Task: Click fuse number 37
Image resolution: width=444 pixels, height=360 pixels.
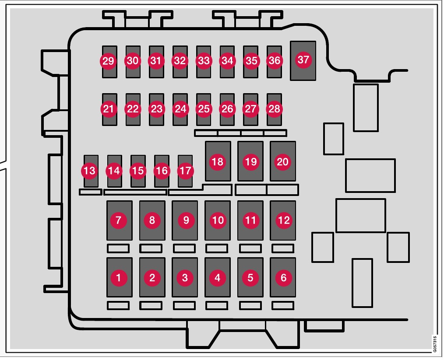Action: (303, 60)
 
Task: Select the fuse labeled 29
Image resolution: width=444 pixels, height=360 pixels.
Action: (108, 61)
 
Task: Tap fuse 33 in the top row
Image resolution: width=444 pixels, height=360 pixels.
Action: (203, 61)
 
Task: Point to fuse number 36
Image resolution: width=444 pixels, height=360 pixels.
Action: (274, 61)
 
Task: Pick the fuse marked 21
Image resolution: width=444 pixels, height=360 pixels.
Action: (108, 108)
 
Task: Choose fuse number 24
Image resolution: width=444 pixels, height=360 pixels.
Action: (180, 108)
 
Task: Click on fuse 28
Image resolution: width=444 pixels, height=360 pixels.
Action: (274, 108)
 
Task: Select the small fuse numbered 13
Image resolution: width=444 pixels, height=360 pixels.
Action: (90, 171)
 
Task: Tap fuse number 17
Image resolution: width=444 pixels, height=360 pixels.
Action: (185, 171)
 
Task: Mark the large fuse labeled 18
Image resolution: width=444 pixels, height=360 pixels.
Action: (218, 161)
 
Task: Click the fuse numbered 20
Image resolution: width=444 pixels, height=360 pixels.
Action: (282, 161)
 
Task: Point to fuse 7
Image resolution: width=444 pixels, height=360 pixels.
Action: (119, 220)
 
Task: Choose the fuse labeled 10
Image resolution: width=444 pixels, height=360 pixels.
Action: (218, 220)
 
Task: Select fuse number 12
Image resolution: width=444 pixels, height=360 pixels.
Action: (283, 220)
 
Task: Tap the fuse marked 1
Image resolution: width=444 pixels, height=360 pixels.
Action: (119, 277)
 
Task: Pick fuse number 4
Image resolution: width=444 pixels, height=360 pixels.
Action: (218, 277)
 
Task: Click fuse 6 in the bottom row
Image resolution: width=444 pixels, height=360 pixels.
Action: (283, 277)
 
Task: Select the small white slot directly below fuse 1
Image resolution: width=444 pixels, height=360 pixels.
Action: (118, 305)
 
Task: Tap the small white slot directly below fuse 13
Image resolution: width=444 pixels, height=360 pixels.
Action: (90, 192)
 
